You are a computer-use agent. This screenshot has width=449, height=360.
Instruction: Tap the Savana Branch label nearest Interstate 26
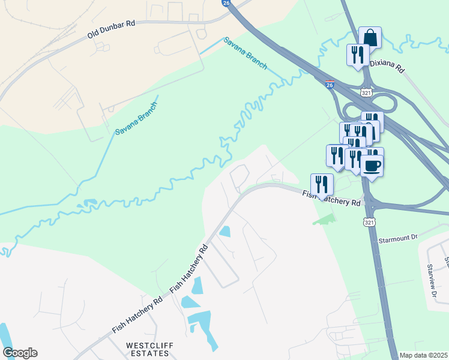[246, 53]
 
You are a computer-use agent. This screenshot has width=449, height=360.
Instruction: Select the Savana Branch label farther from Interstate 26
[136, 118]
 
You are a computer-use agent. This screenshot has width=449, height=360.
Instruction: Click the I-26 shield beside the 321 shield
[330, 83]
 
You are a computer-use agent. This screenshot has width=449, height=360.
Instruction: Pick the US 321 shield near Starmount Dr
[369, 222]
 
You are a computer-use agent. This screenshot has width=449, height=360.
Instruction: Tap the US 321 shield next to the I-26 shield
[367, 92]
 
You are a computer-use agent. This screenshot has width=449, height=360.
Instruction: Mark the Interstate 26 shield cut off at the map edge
[226, 2]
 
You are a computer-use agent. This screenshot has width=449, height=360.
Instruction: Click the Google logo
[20, 353]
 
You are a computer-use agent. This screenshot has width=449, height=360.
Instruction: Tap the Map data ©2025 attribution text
[423, 355]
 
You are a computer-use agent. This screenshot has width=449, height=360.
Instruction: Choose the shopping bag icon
[370, 37]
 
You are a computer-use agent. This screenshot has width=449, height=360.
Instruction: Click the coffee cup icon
[372, 164]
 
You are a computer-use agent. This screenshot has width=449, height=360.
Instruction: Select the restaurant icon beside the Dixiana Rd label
[357, 55]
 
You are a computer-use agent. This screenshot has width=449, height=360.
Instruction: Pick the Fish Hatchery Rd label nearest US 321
[331, 199]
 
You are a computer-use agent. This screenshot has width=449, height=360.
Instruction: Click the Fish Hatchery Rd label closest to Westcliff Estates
[137, 315]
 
